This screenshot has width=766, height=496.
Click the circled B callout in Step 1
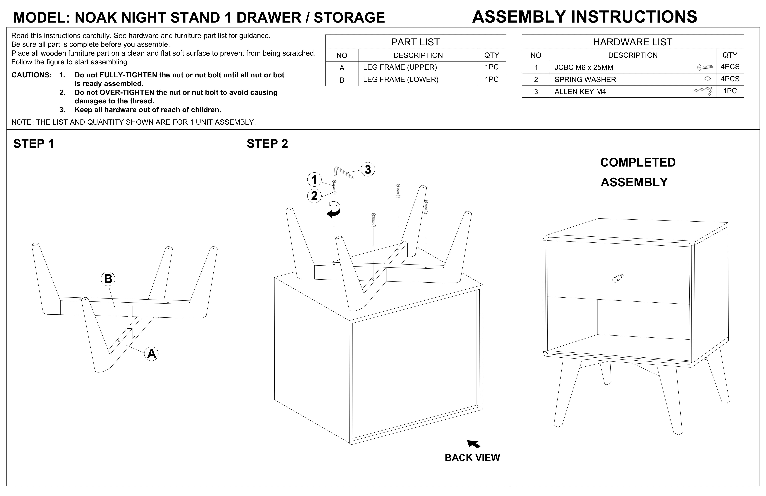coord(108,279)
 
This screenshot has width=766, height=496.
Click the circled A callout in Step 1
coord(151,354)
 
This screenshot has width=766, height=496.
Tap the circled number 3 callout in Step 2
coord(368,169)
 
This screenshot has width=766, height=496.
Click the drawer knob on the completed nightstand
coord(618,278)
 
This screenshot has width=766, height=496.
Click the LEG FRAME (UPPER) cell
coord(400,67)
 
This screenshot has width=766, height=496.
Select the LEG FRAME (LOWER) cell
coord(400,80)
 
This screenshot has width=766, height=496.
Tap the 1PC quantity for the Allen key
coord(730,91)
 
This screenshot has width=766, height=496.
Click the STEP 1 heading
coord(34,144)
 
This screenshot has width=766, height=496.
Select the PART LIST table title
coord(415,42)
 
